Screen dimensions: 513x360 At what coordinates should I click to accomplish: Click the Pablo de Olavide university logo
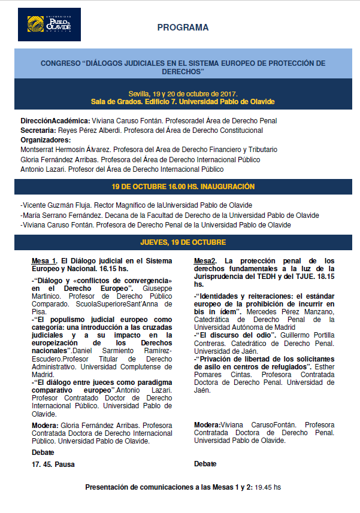click(x=49, y=25)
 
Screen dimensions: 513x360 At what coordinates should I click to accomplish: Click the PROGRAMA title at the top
click(x=183, y=28)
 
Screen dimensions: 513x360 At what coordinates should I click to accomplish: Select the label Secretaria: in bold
click(x=38, y=130)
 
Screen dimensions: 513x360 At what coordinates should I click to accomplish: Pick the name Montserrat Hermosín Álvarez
click(x=66, y=150)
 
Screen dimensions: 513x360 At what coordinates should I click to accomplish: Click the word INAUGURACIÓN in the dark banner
click(x=223, y=187)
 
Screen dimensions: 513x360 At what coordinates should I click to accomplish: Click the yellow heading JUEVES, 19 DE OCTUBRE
click(x=183, y=242)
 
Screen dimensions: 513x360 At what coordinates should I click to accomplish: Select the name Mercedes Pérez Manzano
click(x=273, y=311)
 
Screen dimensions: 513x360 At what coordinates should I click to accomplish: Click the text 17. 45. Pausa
click(x=54, y=463)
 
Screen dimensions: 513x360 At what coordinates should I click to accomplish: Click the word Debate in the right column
click(x=205, y=464)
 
